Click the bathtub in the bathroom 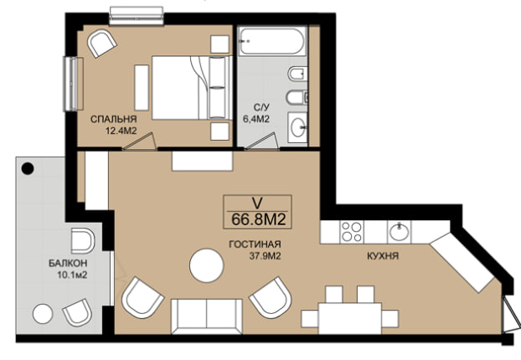point(272,41)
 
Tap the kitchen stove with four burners point(352,232)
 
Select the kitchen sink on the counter point(399,232)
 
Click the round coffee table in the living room point(206,265)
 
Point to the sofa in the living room point(207,316)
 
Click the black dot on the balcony point(28,169)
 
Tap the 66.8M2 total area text point(259,219)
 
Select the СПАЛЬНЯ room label point(114,119)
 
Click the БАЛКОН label point(68,264)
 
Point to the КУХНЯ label point(383,256)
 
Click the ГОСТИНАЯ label point(255,244)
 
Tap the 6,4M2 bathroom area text point(255,119)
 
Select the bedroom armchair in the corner point(101,44)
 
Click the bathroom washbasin point(297,127)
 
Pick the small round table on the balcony point(43,314)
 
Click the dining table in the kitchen point(350,318)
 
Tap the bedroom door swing point(140,141)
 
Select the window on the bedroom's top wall point(137,16)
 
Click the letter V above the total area point(257,203)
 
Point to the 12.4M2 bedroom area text point(121,131)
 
